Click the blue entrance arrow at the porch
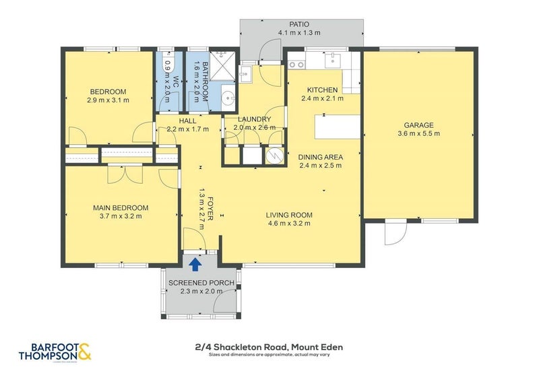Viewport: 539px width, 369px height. pyautogui.click(x=195, y=263)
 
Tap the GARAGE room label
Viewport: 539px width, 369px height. pyautogui.click(x=418, y=125)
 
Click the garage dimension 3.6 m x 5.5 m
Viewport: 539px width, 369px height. pyautogui.click(x=418, y=133)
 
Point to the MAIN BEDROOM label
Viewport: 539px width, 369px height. pyautogui.click(x=121, y=208)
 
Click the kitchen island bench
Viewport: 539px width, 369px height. pyautogui.click(x=338, y=126)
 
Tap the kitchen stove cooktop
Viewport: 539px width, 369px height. pyautogui.click(x=296, y=65)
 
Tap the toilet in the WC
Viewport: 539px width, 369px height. pyautogui.click(x=168, y=66)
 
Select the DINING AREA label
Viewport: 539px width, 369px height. pyautogui.click(x=321, y=157)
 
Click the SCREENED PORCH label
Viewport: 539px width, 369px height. pyautogui.click(x=201, y=283)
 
